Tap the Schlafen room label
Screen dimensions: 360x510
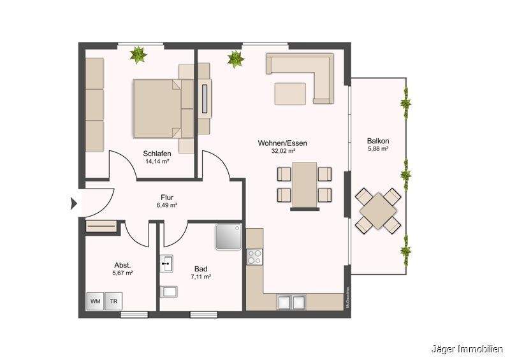[x=156, y=154]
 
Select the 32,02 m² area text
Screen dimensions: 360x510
[x=282, y=152]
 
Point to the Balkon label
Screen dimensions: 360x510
[x=378, y=141]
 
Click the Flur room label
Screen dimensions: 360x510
[x=167, y=198]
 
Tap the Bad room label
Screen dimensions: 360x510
[x=201, y=269]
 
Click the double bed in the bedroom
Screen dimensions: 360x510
[x=156, y=108]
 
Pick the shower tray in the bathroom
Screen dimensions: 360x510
[x=228, y=236]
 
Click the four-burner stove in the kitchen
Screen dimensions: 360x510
[x=254, y=256]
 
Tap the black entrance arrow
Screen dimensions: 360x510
[x=73, y=204]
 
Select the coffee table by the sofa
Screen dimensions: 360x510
[x=291, y=93]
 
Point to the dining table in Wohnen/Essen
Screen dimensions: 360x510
[x=305, y=184]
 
